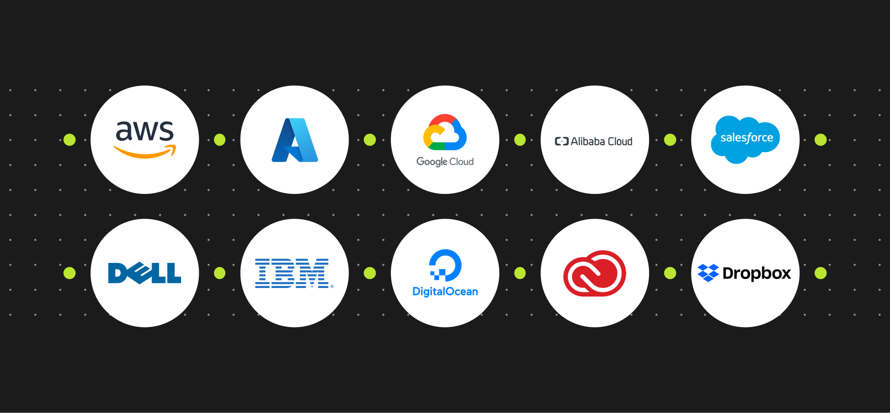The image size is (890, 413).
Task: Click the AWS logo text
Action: click(145, 130)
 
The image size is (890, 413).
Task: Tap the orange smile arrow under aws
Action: click(145, 152)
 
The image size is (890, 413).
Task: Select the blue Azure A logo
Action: click(295, 140)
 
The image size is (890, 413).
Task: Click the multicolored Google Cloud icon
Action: click(445, 132)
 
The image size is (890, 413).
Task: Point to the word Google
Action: click(432, 162)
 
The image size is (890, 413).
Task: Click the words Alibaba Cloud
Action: click(601, 141)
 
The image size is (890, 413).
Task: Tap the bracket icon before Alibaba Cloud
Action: click(561, 141)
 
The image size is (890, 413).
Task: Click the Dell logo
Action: click(145, 273)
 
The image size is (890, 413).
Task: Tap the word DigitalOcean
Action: click(445, 291)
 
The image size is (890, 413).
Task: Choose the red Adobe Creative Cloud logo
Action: click(595, 273)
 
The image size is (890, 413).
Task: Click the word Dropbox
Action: click(757, 274)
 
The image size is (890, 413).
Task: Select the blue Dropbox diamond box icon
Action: click(708, 273)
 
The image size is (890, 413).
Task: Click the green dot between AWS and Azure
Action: click(220, 140)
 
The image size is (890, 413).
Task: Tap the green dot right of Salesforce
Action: click(821, 140)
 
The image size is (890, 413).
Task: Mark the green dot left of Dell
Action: click(69, 273)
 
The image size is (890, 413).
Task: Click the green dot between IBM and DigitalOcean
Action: click(370, 273)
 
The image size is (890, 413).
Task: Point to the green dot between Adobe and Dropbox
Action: click(670, 273)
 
